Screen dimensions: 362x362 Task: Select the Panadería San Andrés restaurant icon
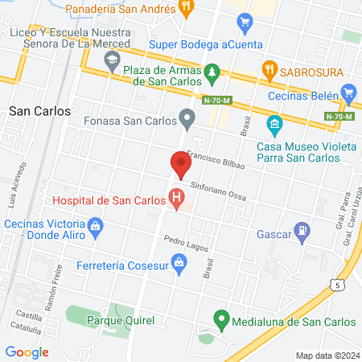pos(187,8)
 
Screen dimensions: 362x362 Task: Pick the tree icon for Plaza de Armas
pos(212,73)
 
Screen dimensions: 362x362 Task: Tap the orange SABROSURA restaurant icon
pos(269,71)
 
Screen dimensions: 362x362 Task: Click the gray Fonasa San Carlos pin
pos(187,121)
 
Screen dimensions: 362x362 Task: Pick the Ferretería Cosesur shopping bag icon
pos(180,261)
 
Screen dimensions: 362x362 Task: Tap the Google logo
pos(27,352)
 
